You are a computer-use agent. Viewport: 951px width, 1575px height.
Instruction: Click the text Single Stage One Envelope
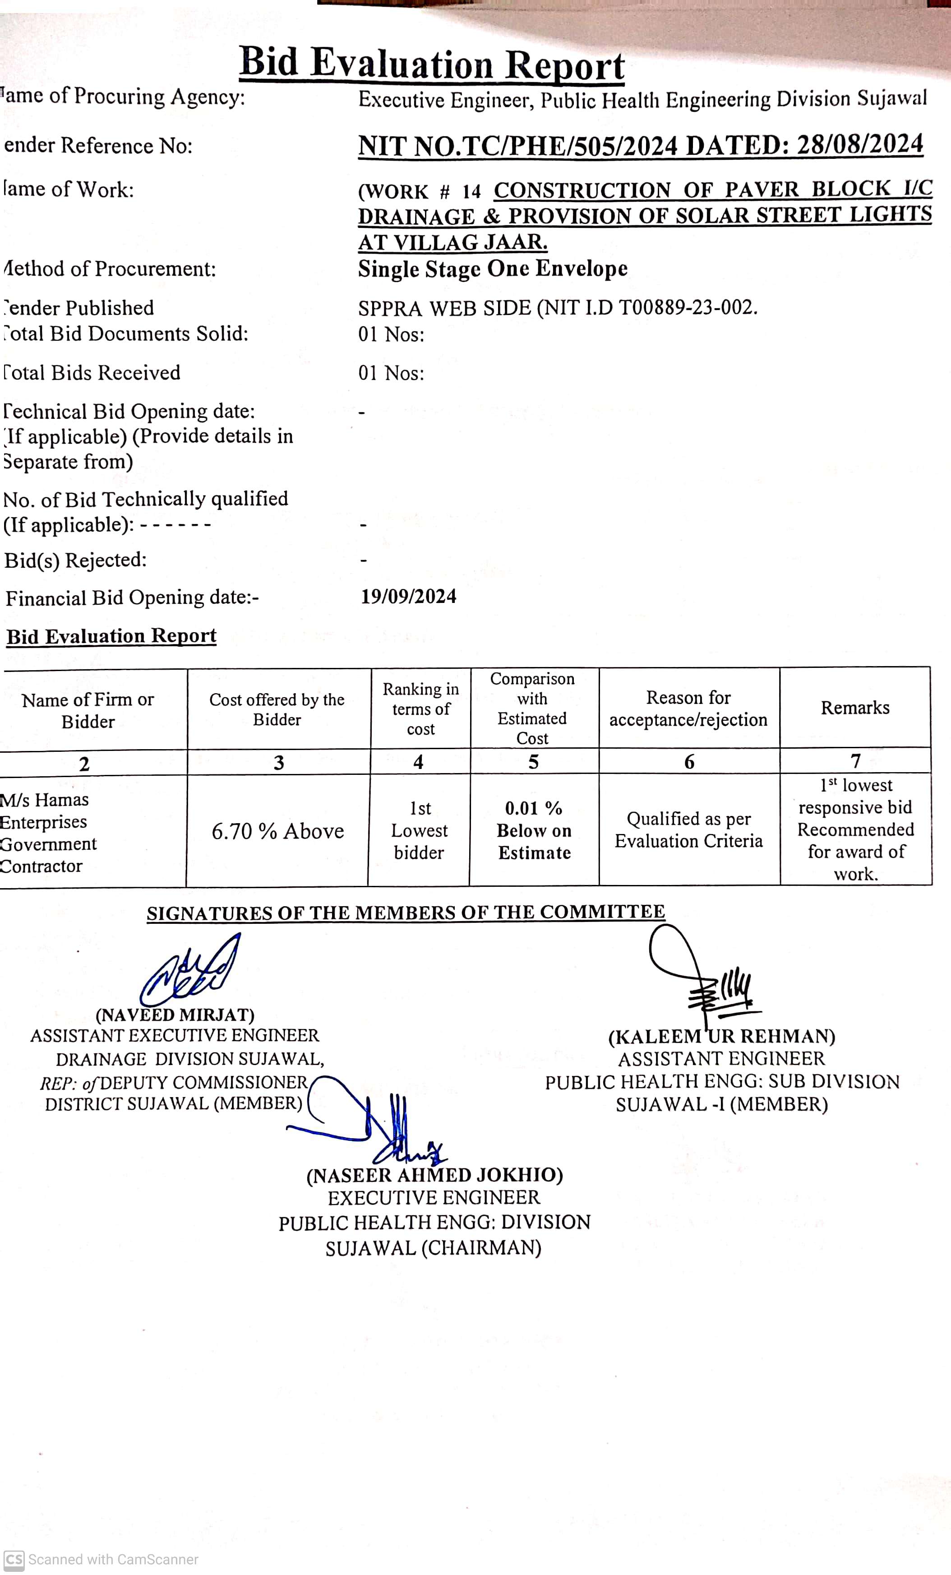(492, 269)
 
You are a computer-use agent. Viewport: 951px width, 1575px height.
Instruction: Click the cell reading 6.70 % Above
(277, 831)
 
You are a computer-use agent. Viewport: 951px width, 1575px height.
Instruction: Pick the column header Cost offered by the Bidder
(277, 709)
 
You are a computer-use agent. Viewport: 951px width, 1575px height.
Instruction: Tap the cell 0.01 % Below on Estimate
(534, 830)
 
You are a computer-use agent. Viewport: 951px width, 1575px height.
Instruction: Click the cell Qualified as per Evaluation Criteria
(688, 829)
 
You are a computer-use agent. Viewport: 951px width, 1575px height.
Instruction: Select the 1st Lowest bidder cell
(419, 830)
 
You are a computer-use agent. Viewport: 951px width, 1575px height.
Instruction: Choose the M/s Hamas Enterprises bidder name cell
(48, 832)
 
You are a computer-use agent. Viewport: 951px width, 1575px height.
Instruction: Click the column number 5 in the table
(534, 762)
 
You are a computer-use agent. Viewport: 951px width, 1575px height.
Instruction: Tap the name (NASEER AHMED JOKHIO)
(434, 1175)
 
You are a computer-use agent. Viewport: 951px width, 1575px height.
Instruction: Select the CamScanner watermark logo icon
(14, 1560)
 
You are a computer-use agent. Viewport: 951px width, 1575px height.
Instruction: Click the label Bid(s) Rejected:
(75, 560)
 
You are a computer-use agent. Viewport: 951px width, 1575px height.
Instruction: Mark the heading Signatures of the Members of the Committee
(406, 912)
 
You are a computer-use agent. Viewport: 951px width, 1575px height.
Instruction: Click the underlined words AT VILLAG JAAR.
(452, 242)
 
